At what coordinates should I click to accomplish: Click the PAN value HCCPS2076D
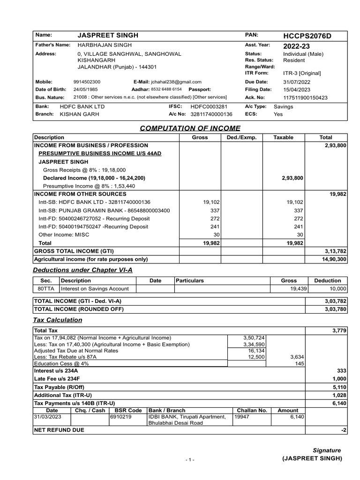coord(305,36)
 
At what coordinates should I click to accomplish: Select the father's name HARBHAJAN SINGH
coord(105,45)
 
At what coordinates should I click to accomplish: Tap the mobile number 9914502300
coord(87,82)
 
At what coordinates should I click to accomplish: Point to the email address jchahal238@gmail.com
coord(176,82)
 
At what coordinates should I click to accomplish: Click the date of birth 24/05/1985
coord(87,89)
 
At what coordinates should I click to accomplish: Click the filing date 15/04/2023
coord(296,89)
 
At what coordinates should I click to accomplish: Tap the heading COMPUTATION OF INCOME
coord(190,128)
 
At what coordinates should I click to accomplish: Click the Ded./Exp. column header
coord(241,137)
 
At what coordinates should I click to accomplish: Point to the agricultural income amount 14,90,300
coord(334,259)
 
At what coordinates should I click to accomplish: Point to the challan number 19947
coord(242,417)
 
